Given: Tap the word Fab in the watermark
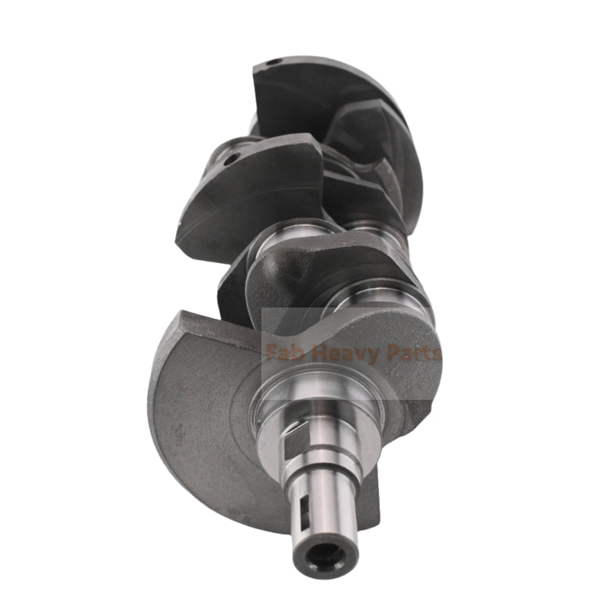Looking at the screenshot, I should coord(281,354).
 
